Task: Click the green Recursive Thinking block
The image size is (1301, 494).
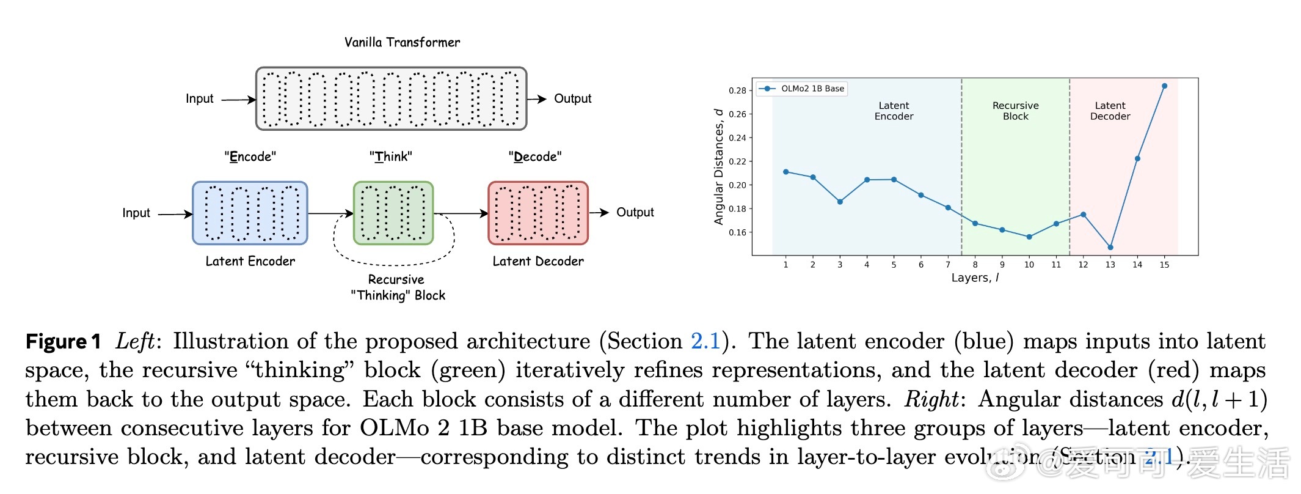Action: tap(393, 213)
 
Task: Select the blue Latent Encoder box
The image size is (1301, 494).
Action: tap(250, 213)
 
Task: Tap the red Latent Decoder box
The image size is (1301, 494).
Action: tap(538, 213)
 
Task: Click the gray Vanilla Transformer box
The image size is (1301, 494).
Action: tap(391, 98)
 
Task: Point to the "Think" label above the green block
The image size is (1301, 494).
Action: tap(391, 157)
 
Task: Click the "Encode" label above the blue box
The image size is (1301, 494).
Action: tap(250, 157)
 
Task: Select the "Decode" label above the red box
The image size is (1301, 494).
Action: tap(535, 157)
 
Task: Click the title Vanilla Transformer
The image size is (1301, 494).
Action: tap(402, 42)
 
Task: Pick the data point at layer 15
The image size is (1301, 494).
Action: tap(1164, 86)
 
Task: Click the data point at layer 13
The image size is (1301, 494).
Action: tap(1110, 248)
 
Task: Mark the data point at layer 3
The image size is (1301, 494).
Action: tap(840, 202)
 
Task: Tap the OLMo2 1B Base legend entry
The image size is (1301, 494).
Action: tap(801, 89)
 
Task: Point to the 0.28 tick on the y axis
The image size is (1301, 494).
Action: tap(737, 90)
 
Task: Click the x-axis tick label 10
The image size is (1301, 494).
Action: tap(1029, 265)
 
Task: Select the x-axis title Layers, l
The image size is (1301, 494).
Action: tap(975, 278)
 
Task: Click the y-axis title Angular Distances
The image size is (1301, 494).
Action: tap(719, 166)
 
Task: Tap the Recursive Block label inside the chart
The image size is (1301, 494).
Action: tap(1015, 111)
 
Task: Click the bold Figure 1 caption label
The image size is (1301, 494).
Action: tap(63, 341)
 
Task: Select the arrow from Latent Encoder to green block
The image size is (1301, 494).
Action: tap(330, 213)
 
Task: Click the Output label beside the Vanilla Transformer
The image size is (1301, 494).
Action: tap(572, 98)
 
